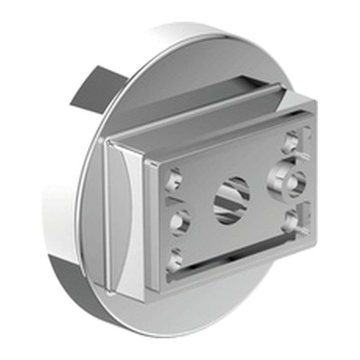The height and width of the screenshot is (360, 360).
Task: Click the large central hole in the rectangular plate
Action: pyautogui.click(x=231, y=200)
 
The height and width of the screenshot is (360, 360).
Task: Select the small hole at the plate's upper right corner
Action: pyautogui.click(x=292, y=140)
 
